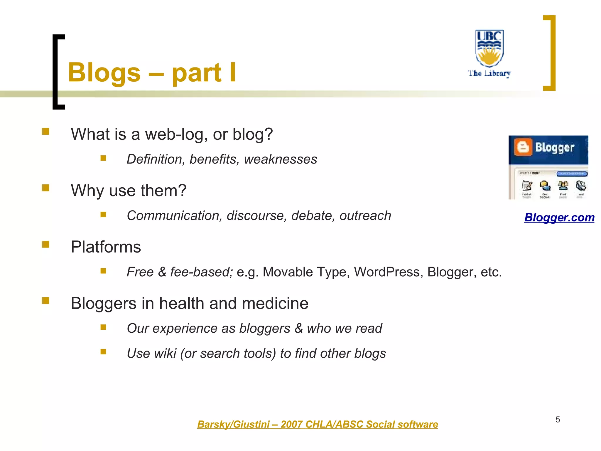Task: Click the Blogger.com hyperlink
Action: pos(559,218)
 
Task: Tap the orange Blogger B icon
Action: pos(523,147)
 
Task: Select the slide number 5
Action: pos(558,420)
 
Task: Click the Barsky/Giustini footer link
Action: pos(317,424)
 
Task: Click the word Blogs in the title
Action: pos(104,73)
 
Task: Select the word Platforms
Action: pos(106,247)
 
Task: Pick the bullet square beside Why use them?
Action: pos(45,188)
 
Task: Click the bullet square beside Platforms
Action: pos(45,244)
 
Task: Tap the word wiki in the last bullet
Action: pos(165,353)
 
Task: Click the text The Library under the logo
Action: pos(489,73)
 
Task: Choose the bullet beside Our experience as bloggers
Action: pos(103,327)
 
